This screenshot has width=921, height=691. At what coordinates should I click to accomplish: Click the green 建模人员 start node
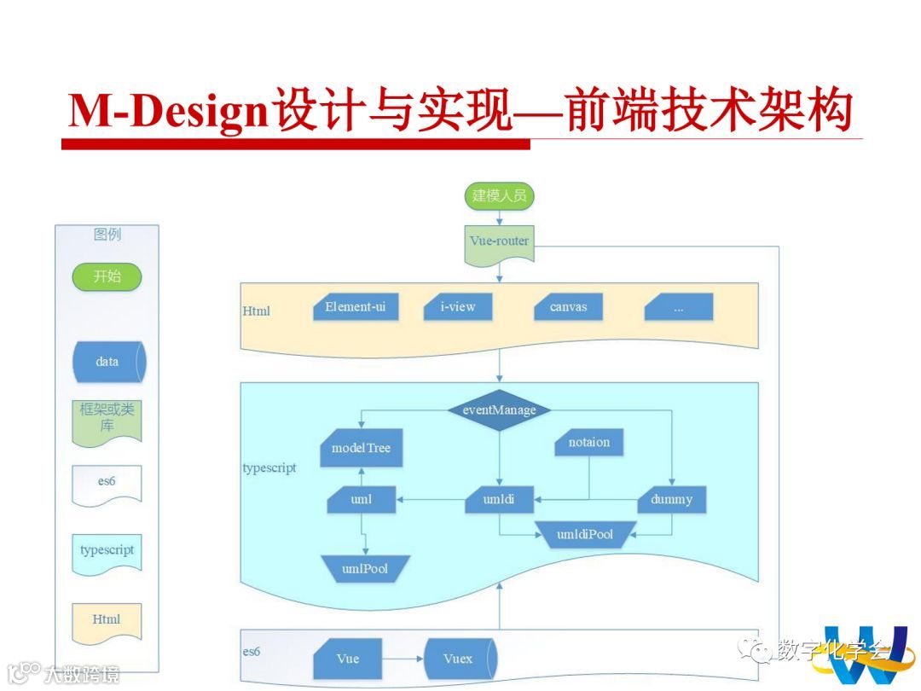(x=499, y=196)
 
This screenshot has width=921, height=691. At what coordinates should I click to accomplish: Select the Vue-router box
(x=499, y=242)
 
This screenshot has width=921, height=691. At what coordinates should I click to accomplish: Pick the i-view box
(x=458, y=307)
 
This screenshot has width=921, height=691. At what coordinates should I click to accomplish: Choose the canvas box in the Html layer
(x=568, y=307)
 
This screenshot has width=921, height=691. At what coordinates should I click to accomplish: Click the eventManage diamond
(x=500, y=409)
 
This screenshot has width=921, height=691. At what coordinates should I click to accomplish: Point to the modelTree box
(x=361, y=449)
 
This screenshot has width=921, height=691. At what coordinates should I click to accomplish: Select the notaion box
(x=588, y=443)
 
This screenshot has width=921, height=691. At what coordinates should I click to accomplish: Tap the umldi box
(x=500, y=499)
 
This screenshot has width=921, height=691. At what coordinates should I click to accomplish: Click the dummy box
(x=672, y=499)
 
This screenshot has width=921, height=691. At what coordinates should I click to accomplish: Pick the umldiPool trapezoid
(x=585, y=535)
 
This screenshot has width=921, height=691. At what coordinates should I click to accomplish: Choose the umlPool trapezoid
(x=365, y=568)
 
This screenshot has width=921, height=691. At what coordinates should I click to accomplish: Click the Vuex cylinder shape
(x=459, y=659)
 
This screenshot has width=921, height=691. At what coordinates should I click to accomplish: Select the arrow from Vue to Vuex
(x=403, y=659)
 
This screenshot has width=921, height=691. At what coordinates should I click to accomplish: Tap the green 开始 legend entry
(x=107, y=276)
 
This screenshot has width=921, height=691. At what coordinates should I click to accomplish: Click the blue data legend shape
(x=107, y=362)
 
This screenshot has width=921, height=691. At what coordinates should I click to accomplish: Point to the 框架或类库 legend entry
(x=107, y=419)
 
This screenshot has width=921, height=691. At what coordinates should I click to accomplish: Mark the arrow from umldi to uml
(x=431, y=499)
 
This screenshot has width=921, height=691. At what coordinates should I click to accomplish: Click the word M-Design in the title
(x=168, y=112)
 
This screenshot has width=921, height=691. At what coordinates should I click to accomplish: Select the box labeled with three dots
(x=678, y=308)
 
